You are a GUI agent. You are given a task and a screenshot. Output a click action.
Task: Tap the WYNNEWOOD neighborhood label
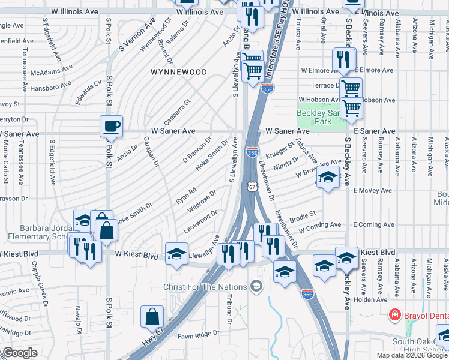(179, 72)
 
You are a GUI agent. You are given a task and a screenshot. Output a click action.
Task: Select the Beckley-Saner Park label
(322, 117)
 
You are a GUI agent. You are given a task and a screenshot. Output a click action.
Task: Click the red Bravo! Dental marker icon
(395, 314)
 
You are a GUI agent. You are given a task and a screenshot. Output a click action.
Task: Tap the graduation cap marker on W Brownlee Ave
(328, 178)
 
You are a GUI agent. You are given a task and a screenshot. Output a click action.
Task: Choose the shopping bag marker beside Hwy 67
(152, 317)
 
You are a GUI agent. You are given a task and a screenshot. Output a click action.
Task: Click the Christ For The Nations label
(205, 287)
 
